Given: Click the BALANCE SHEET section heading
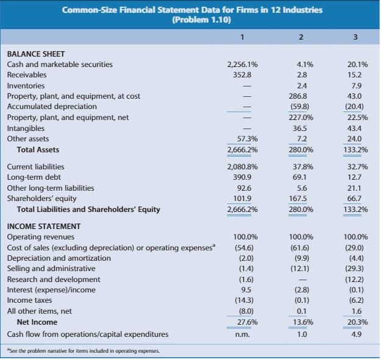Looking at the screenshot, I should [x=35, y=54].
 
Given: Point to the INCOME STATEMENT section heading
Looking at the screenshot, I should [x=43, y=225].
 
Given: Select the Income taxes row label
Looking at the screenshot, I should [x=30, y=300].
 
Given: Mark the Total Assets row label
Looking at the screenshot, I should [x=38, y=149].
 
